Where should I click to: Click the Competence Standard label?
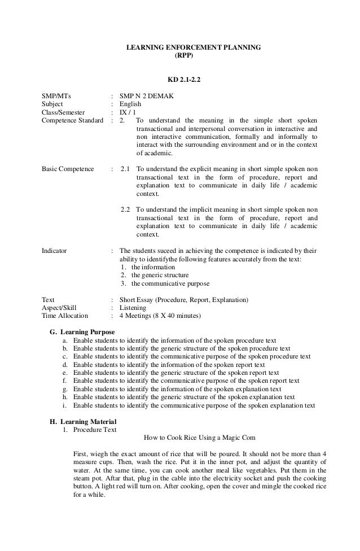coord(73,121)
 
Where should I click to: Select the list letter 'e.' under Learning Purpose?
coord(65,373)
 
